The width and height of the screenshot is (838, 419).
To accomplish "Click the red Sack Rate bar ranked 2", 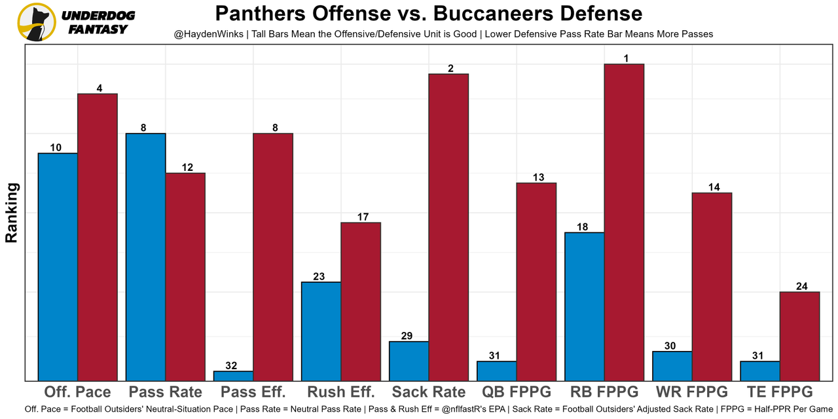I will (448, 227).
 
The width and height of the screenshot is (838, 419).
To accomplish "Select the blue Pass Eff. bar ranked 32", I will (234, 376).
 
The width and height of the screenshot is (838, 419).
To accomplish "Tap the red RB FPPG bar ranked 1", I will (624, 222).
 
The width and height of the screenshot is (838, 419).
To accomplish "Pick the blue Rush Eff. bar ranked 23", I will (321, 331).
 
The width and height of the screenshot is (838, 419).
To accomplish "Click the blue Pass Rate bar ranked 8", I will (146, 257).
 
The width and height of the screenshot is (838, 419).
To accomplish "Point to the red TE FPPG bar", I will (799, 336).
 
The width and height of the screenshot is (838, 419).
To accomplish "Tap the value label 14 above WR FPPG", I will (714, 187).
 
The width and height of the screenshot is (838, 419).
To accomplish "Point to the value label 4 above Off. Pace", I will (99, 88).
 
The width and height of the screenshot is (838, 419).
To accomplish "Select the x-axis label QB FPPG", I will (517, 392).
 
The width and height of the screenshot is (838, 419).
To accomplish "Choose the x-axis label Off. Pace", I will (77, 392).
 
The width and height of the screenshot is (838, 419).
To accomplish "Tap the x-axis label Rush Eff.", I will (341, 392).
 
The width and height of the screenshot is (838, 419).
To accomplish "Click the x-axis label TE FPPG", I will (780, 392).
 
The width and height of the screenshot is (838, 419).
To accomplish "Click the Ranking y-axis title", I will (12, 213).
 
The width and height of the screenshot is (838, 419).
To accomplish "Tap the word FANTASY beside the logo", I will (98, 29).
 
